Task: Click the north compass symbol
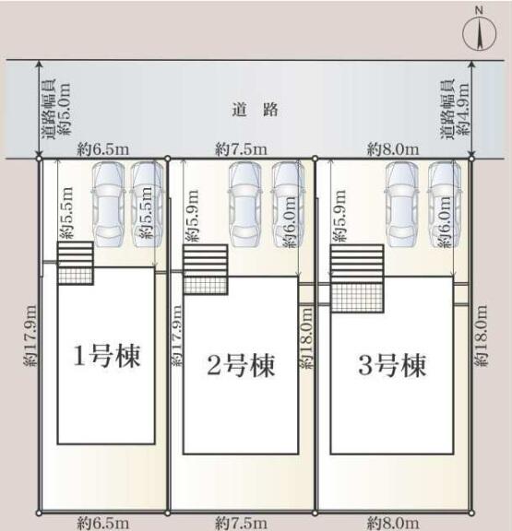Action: click(x=479, y=33)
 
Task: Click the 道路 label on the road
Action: click(x=256, y=110)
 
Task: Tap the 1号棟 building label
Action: click(x=107, y=356)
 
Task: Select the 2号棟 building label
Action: click(x=241, y=365)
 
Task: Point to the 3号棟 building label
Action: click(x=392, y=365)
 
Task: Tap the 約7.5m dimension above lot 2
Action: click(x=242, y=149)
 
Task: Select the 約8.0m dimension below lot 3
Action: click(x=393, y=524)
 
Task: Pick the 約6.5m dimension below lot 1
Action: click(x=103, y=524)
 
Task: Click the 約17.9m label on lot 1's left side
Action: click(x=30, y=336)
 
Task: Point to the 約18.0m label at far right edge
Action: click(x=481, y=336)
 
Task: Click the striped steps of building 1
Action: click(x=76, y=254)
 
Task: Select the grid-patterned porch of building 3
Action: click(x=357, y=298)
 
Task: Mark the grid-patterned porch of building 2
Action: click(x=206, y=285)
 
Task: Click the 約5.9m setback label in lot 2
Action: click(x=192, y=216)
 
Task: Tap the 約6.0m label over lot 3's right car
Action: click(x=445, y=222)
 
